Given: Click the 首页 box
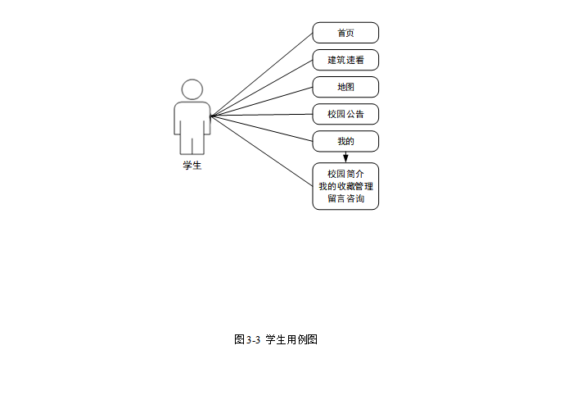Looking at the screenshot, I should point(345,33).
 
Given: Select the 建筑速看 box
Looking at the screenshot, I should point(345,60).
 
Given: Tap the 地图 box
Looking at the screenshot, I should point(345,87).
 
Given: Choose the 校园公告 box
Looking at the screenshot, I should point(345,114).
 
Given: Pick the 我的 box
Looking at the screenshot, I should point(345,141).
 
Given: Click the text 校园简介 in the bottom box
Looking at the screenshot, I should point(345,174).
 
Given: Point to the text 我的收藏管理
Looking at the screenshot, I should point(345,186).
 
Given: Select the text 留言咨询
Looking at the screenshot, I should point(345,199).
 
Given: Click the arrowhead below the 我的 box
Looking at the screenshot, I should point(345,157).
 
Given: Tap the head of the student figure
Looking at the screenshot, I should point(192,89).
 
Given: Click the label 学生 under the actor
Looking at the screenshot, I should point(192,165).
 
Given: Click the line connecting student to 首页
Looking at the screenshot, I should point(262,75).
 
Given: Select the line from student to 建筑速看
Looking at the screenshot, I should point(262,89).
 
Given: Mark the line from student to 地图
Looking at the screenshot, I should point(262,102).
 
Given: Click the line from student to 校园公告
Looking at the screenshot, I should point(262,116).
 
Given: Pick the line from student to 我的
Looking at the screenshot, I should point(262,129).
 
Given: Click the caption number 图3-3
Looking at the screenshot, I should point(246,340).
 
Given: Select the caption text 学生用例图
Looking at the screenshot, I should point(291,340).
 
